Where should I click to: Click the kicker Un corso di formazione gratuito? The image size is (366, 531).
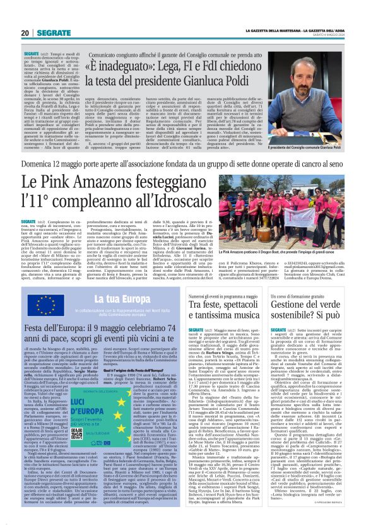point(310,295)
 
